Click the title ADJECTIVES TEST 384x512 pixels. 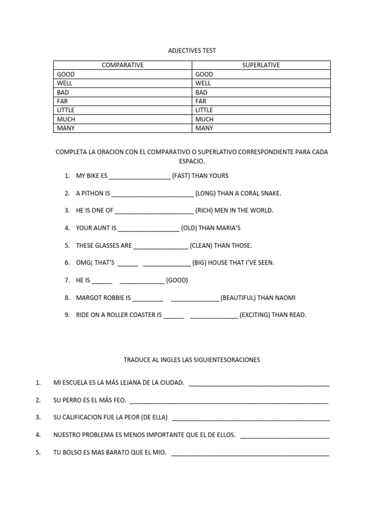click(192, 50)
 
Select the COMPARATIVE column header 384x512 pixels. click(122, 65)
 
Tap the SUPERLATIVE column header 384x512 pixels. click(261, 65)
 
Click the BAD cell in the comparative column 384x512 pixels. click(62, 92)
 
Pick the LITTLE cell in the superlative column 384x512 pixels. click(204, 110)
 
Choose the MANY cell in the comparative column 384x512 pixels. click(65, 128)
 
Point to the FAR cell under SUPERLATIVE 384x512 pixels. click(201, 101)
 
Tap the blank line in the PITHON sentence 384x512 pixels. click(152, 194)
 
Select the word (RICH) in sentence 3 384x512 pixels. click(204, 210)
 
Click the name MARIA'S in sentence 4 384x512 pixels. click(227, 228)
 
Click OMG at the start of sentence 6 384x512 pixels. click(83, 262)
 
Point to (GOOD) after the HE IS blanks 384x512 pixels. click(177, 280)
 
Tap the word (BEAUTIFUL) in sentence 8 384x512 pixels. click(238, 297)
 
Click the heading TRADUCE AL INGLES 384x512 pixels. click(191, 359)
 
